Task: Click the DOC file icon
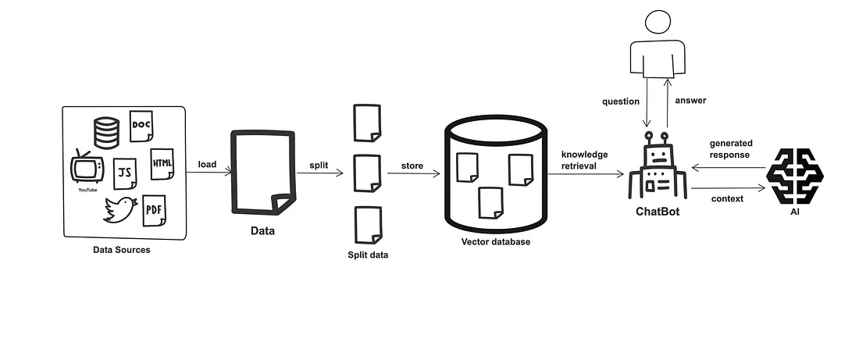(x=141, y=126)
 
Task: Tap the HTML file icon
(x=162, y=164)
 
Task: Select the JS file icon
(x=125, y=173)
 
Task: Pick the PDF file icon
(x=155, y=210)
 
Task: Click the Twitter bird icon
(x=119, y=209)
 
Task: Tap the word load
(x=207, y=164)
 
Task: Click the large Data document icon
(x=263, y=173)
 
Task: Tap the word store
(x=412, y=166)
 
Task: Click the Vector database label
(x=495, y=242)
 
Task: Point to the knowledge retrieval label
(x=584, y=160)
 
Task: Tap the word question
(x=621, y=102)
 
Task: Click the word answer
(x=690, y=100)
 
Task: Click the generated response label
(x=729, y=149)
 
